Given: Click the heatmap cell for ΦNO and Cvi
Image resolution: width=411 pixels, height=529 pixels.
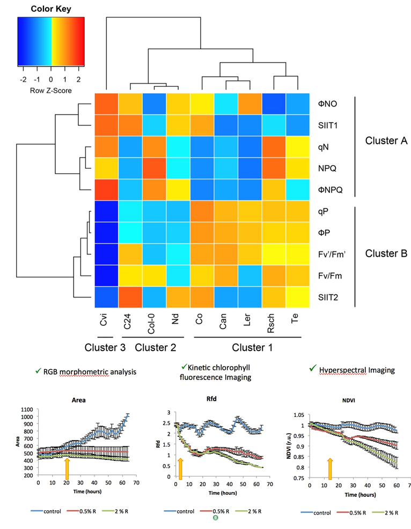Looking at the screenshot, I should pos(106,103).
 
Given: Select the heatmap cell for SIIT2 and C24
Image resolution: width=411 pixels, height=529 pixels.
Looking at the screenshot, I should pos(130,297).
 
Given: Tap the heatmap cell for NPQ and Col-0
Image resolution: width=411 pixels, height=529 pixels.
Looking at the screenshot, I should pos(154,168).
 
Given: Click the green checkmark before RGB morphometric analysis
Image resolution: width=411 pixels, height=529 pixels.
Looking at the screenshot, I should pos(38,369).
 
